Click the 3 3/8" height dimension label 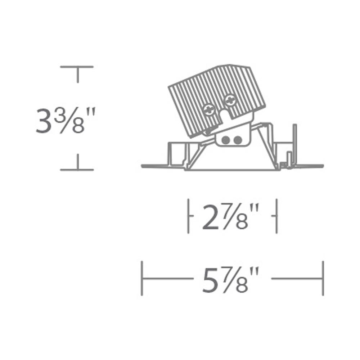point(66,120)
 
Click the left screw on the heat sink point(209,109)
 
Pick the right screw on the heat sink point(230,100)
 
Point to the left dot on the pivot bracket point(226,140)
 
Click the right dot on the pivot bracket point(238,140)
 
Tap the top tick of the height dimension point(77,67)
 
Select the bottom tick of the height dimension point(77,170)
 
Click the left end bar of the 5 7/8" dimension point(142,278)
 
